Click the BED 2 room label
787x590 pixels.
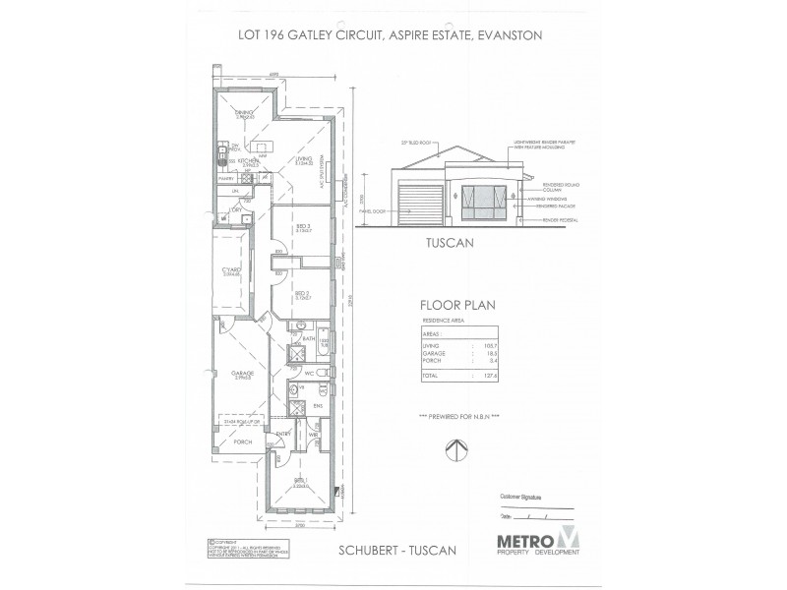coord(303,292)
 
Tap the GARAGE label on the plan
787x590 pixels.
coord(242,373)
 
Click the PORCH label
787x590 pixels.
coord(243,442)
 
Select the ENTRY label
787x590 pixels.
coord(282,434)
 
